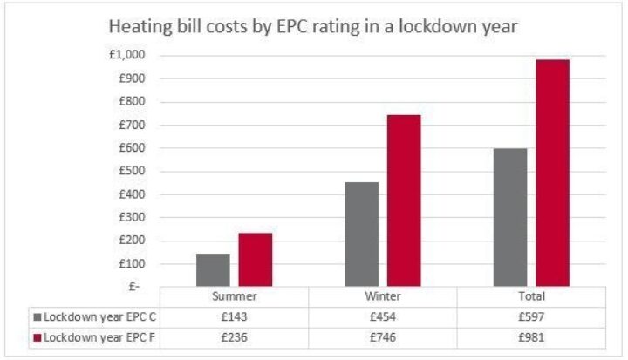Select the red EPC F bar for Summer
click(x=256, y=260)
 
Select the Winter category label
click(x=383, y=296)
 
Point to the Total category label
click(x=530, y=296)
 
